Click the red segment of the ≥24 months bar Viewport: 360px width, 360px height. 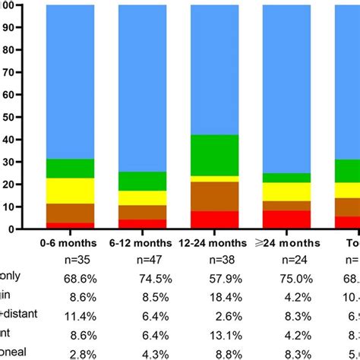(286, 219)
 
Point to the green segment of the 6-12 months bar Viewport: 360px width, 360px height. (142, 181)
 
